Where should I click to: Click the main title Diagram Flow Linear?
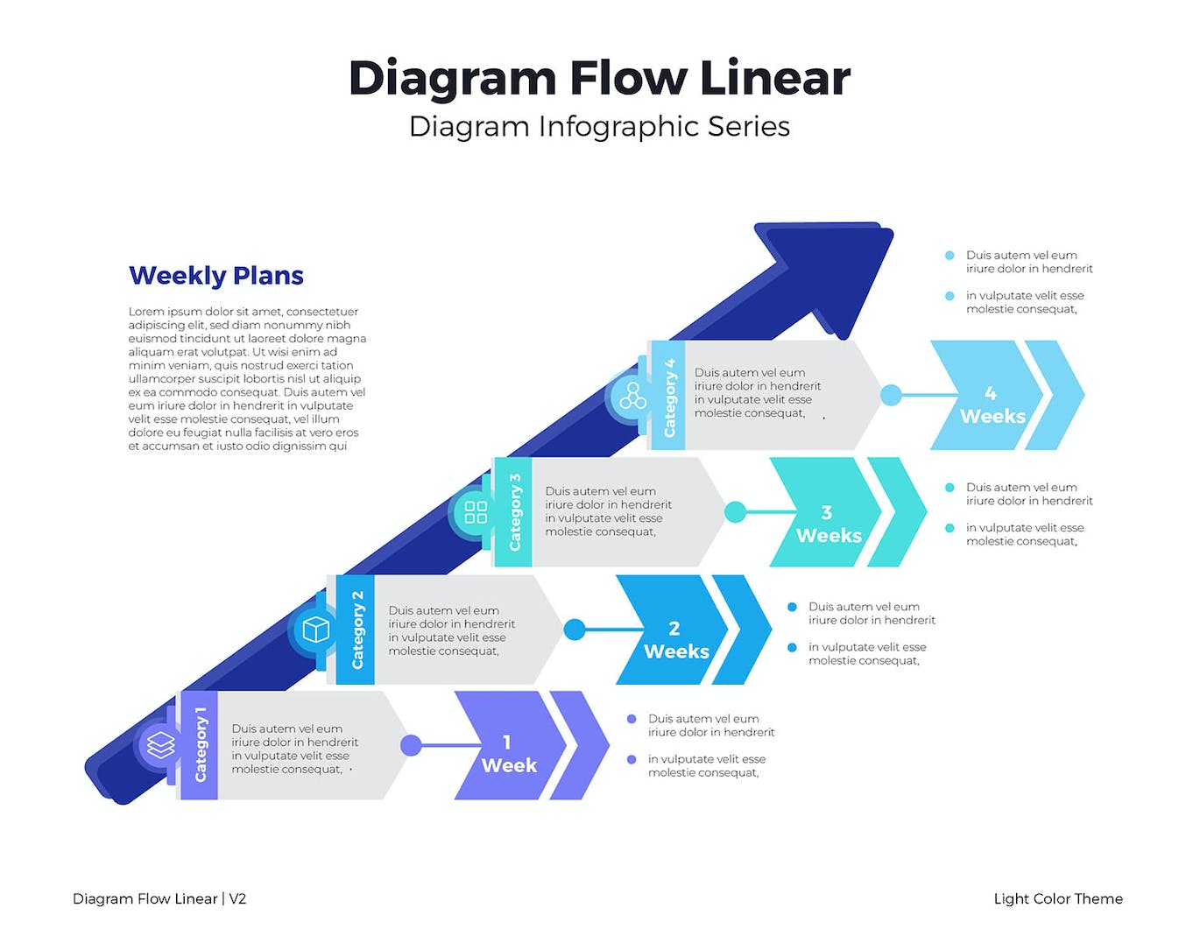click(599, 78)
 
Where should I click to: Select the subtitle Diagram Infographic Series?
click(599, 127)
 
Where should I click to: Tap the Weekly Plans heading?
click(215, 276)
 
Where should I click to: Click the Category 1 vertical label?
click(201, 744)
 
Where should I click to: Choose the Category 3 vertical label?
click(514, 512)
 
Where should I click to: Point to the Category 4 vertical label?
click(669, 397)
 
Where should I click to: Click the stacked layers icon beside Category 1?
click(161, 746)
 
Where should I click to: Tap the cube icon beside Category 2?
click(315, 630)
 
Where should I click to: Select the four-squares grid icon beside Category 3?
click(476, 512)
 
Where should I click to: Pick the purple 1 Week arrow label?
click(508, 754)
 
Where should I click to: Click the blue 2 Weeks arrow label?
click(675, 640)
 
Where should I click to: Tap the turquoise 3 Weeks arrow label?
click(828, 524)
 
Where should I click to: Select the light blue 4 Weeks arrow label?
click(992, 405)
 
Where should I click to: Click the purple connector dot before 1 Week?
click(411, 746)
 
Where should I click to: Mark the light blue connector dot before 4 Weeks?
click(891, 396)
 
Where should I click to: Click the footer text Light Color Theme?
click(1057, 899)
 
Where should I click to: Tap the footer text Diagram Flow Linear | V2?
click(159, 899)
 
